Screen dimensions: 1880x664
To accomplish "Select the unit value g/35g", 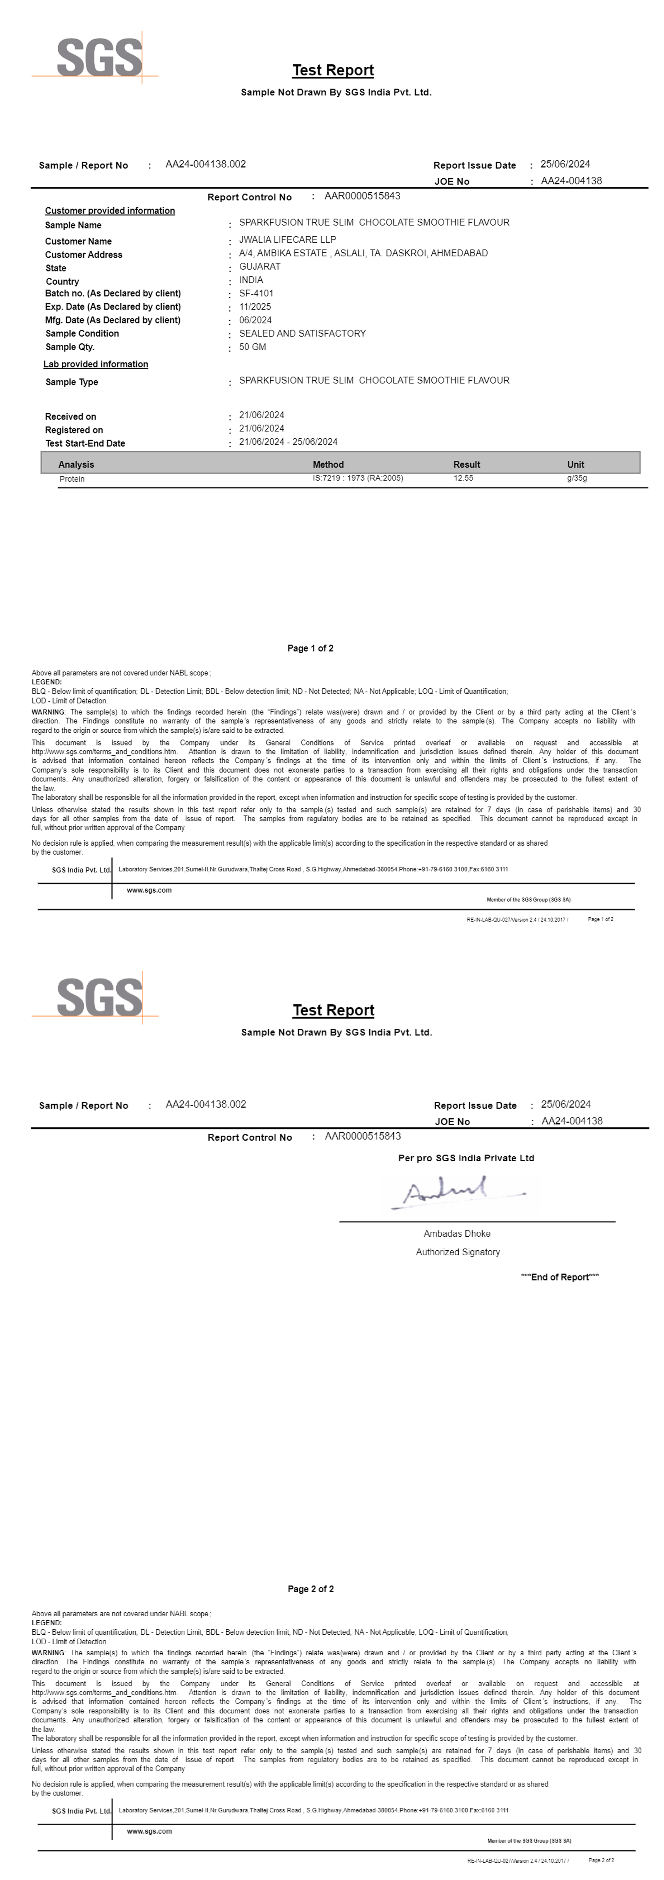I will coord(576,478).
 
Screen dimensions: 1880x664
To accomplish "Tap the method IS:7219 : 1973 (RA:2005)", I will coord(358,478).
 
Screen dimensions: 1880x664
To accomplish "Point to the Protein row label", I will coord(71,479).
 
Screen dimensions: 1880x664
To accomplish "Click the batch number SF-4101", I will coord(256,293).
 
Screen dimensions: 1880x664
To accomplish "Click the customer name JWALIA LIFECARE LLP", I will coord(287,239).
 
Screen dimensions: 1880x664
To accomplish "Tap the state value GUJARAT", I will coord(260,266).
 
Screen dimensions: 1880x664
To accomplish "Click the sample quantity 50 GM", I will coord(252,347).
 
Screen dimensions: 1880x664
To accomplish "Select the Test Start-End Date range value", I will coord(288,442).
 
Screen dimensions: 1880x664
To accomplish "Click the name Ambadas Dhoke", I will coord(457,1233).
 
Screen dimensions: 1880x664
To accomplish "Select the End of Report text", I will coord(560,1276).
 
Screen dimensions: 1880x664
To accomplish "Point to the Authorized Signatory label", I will coord(458,1252).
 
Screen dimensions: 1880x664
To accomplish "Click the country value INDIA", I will coord(251,280).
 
